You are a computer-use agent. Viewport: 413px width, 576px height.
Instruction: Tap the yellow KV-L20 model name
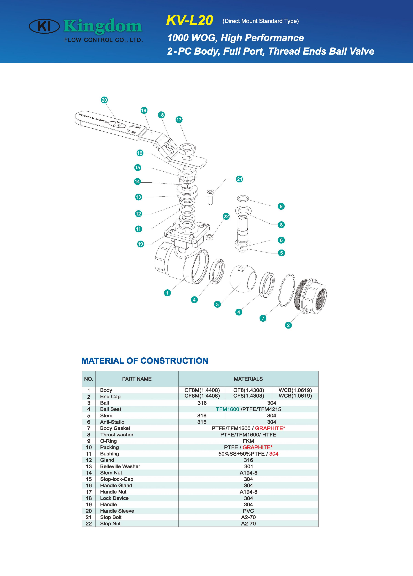click(x=189, y=20)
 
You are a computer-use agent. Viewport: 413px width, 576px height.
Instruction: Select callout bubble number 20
click(x=104, y=100)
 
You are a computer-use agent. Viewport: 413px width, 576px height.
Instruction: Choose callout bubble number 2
click(x=288, y=325)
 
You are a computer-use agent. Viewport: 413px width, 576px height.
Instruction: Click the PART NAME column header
click(x=137, y=379)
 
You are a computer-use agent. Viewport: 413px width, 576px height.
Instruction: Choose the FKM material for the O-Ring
click(x=248, y=441)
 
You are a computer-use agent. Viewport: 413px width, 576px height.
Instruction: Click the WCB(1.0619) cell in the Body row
click(x=295, y=390)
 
